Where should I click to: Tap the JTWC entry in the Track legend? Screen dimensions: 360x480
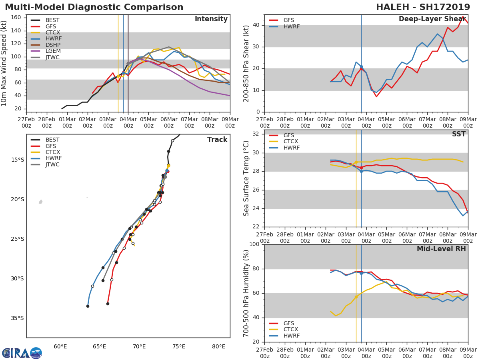[x=52, y=164]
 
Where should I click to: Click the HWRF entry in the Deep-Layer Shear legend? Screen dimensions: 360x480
[x=291, y=26]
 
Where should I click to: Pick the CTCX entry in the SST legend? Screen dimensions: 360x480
[x=291, y=142]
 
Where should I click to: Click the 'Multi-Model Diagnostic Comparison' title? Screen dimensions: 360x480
[x=94, y=7]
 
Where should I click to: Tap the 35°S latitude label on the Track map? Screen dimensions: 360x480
[x=18, y=318]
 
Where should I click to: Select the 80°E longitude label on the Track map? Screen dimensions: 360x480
[x=218, y=346]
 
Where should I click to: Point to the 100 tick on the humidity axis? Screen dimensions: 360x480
[x=254, y=244]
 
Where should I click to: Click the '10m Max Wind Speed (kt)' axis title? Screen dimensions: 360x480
[x=4, y=63]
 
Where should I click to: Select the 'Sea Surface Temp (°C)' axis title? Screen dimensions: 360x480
[x=246, y=178]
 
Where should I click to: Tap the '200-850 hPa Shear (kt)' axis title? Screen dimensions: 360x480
[x=246, y=63]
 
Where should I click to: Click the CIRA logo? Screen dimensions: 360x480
[x=22, y=353]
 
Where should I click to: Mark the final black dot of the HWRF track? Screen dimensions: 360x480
[x=88, y=306]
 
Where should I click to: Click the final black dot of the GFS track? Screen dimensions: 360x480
[x=108, y=304]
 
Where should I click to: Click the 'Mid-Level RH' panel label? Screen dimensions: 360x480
[x=441, y=249]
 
